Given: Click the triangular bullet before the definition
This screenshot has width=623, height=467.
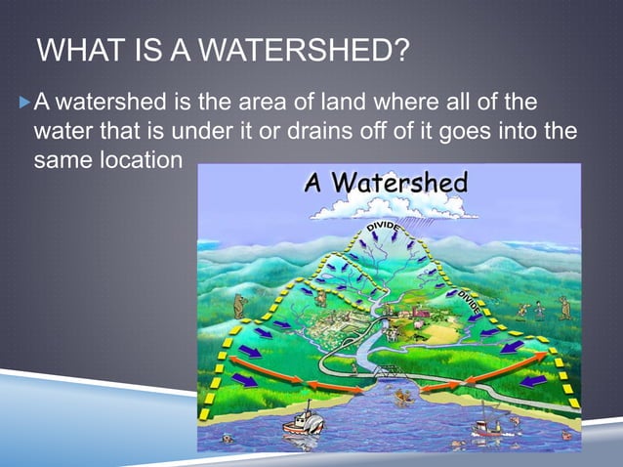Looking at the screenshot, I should click(24, 102).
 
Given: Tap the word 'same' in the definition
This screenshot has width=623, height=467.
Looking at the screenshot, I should click(61, 158).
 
